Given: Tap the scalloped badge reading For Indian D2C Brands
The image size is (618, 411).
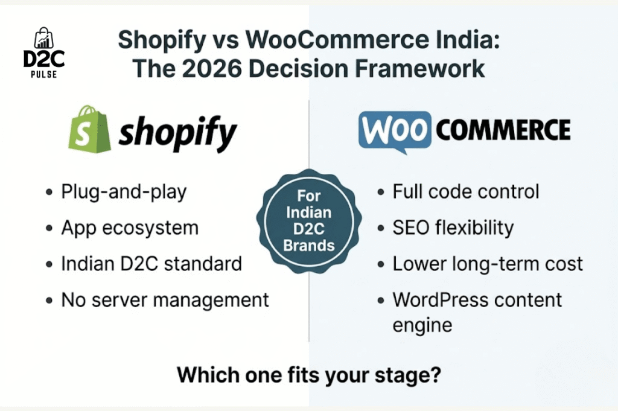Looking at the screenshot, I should tap(310, 220).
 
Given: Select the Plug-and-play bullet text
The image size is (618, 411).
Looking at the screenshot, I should tap(124, 193).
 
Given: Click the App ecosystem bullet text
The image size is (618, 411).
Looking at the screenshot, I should tap(130, 228).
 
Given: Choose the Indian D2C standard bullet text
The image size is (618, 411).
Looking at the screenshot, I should tap(151, 263).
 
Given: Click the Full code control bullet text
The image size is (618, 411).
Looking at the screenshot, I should tap(465, 193).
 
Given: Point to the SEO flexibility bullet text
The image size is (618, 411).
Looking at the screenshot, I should tap(453, 228).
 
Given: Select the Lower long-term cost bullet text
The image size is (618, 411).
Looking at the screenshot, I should tap(488, 263).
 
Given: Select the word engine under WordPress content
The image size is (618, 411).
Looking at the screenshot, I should tap(422, 326).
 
